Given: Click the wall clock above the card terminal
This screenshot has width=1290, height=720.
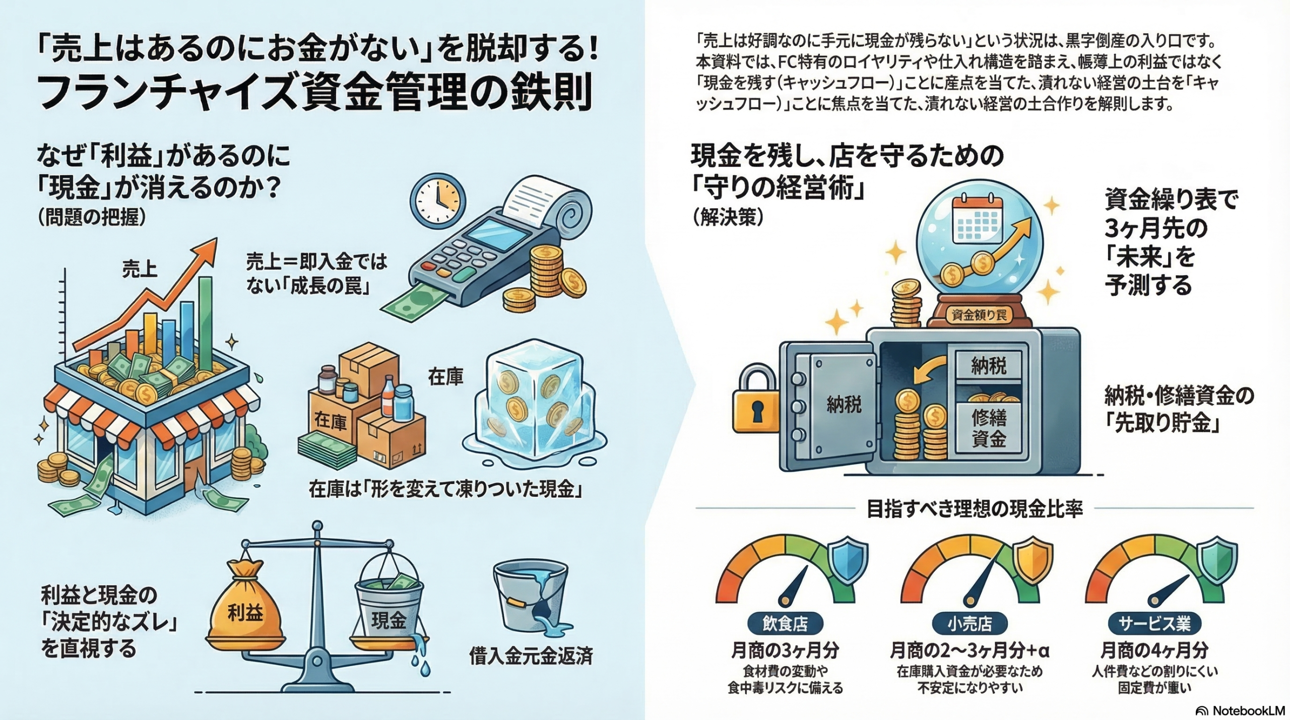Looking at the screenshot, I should click(437, 200).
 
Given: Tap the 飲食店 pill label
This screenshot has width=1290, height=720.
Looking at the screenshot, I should click(785, 624).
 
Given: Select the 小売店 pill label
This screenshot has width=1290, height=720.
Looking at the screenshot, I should click(970, 624).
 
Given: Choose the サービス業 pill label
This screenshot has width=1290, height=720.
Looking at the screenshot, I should click(1154, 624).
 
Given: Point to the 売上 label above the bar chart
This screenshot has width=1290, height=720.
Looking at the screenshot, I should click(140, 269).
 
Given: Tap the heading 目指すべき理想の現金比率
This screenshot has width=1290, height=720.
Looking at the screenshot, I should click(975, 509).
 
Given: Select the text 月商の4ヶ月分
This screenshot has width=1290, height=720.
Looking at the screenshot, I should click(1154, 650).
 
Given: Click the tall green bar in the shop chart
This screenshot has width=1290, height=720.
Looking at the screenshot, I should click(205, 322).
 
